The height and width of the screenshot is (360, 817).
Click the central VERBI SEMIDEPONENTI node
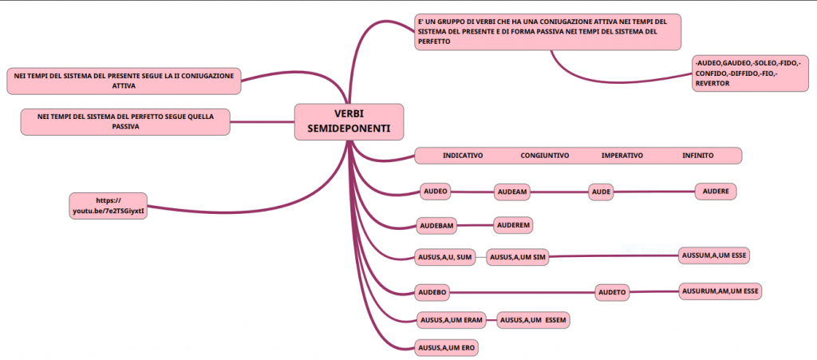349,121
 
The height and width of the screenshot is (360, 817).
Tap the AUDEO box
435,191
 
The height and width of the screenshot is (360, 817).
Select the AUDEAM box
512,192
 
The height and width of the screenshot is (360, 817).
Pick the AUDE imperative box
602,192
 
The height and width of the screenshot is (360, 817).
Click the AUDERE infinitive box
716,192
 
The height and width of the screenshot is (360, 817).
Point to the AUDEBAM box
436,226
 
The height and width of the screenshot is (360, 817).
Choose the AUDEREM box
514,225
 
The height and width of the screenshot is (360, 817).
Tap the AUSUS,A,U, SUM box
445,257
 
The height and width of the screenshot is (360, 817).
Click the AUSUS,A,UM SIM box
518,257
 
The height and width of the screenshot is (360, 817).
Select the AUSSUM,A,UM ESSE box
715,255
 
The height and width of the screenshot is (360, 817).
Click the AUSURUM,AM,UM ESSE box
720,291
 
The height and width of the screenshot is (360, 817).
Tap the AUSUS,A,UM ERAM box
452,320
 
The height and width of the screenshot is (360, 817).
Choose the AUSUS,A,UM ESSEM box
534,320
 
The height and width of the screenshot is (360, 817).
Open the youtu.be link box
109,206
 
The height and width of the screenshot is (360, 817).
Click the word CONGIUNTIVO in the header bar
544,155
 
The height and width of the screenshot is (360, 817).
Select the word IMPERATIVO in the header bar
622,155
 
